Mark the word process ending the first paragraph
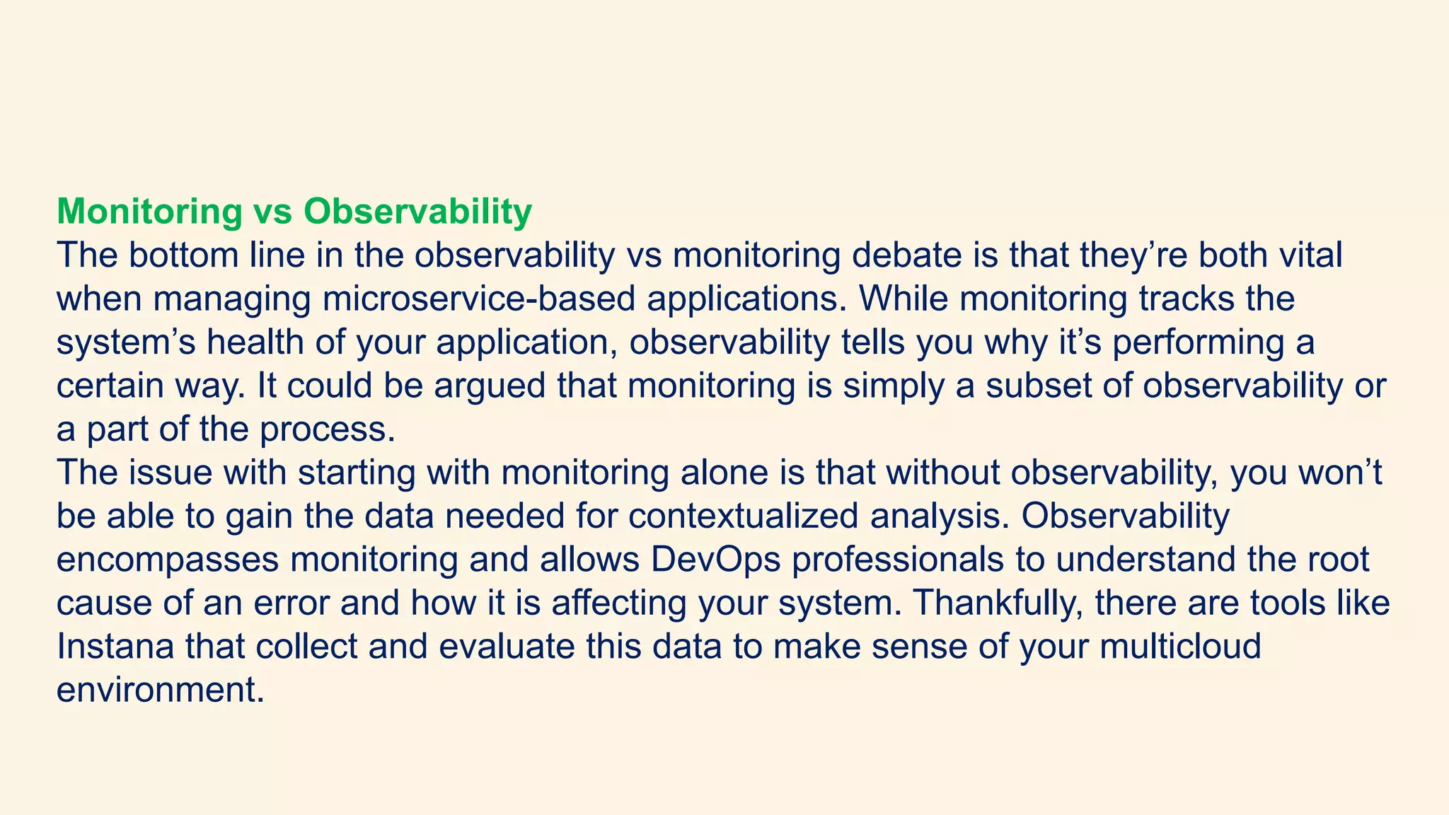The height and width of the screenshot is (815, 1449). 327,430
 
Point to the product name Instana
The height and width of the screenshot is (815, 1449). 115,647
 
